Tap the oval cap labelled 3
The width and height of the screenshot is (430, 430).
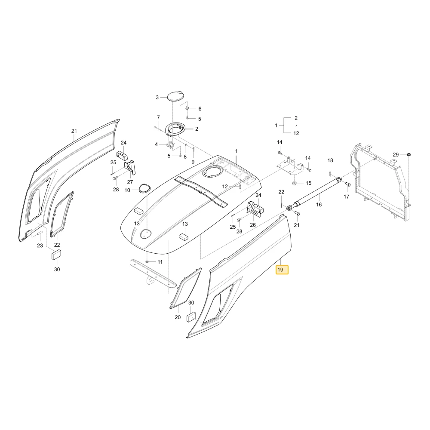click(x=175, y=96)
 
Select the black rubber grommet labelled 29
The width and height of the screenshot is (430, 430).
click(x=408, y=155)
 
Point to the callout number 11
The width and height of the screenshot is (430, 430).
click(x=160, y=262)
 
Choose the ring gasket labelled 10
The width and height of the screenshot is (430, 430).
click(x=144, y=188)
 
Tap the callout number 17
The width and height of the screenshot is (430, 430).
click(x=346, y=197)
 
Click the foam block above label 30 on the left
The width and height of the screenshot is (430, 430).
click(x=56, y=254)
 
